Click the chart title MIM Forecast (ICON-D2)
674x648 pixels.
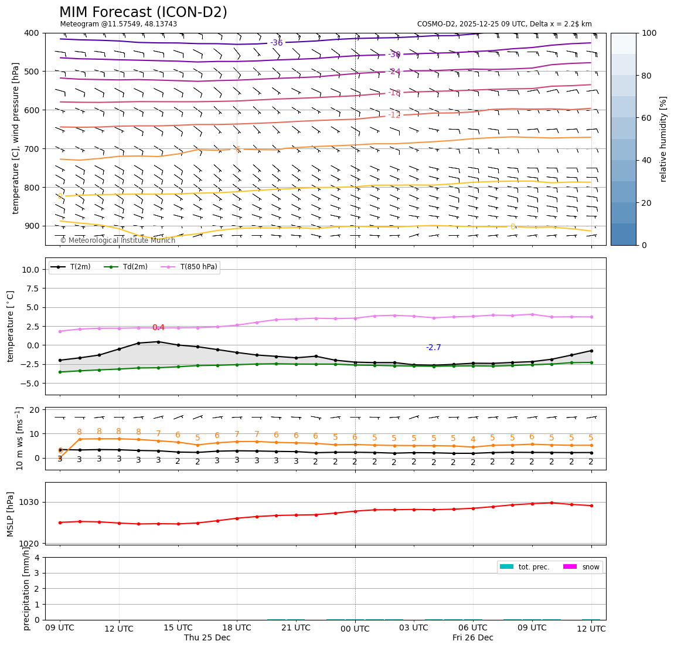(x=143, y=12)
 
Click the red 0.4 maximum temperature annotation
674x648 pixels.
(x=158, y=328)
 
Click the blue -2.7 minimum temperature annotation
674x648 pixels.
(x=433, y=348)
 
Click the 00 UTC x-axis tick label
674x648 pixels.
(x=355, y=629)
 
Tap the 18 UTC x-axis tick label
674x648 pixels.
(x=237, y=628)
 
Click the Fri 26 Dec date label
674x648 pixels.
(x=472, y=638)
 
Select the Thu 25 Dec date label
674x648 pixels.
(x=207, y=638)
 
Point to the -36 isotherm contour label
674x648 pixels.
(x=277, y=43)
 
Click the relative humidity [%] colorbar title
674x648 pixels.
(x=663, y=139)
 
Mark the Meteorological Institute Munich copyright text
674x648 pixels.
(x=117, y=240)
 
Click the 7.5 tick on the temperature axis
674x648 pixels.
(x=30, y=289)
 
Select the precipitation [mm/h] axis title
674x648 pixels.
(x=26, y=588)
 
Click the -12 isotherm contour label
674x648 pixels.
(x=394, y=115)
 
